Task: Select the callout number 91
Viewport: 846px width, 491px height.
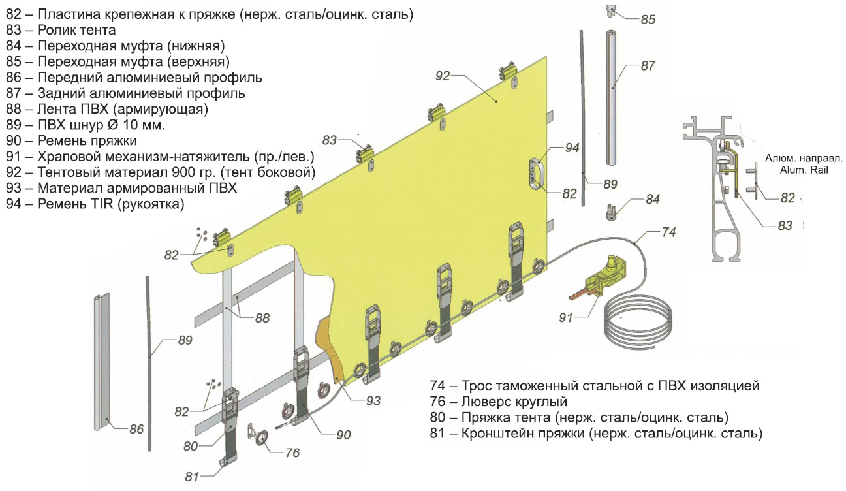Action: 566,317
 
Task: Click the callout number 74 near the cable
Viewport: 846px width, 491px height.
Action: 668,231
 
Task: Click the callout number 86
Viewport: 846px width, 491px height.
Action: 136,429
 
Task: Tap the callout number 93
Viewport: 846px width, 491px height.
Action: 372,401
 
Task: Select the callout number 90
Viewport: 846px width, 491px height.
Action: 343,434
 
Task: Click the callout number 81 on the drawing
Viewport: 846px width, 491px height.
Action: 191,477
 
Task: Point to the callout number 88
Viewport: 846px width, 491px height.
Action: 262,318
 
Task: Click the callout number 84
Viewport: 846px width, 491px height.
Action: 652,200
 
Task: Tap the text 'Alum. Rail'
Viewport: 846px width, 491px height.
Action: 804,169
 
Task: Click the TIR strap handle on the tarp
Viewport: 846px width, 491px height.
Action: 537,171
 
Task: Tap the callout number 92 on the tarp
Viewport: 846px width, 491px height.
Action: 443,76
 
